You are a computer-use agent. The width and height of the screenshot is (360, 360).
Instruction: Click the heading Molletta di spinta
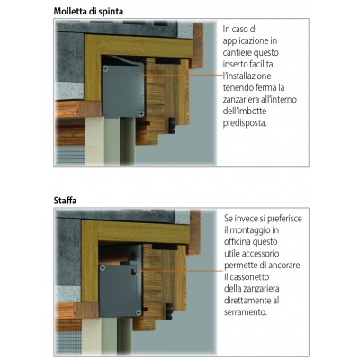[x=88, y=12]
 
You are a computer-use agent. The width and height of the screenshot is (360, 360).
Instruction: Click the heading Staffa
[x=65, y=200]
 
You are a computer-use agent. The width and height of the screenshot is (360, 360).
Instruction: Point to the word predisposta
[x=245, y=123]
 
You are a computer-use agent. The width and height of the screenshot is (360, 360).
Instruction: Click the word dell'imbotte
[x=245, y=111]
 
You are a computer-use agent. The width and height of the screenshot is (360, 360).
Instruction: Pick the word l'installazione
[x=247, y=76]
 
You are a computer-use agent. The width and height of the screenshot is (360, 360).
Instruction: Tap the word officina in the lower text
[x=238, y=241]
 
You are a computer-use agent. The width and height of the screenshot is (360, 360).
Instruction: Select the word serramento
[x=246, y=312]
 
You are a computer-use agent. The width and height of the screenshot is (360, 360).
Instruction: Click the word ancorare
[x=284, y=265]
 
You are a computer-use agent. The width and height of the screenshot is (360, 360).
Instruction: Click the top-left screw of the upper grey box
[x=105, y=69]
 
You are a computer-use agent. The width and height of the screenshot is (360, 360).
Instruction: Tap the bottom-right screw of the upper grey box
[x=141, y=113]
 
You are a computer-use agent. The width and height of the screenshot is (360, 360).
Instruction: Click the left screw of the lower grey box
[x=103, y=267]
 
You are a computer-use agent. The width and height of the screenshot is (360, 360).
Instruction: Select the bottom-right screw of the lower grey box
[x=139, y=312]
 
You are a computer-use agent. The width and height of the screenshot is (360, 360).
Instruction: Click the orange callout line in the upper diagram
[x=182, y=75]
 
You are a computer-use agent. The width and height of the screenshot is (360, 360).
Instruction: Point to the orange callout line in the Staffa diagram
[x=182, y=271]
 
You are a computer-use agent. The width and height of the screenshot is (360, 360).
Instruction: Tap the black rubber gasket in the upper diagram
[x=172, y=125]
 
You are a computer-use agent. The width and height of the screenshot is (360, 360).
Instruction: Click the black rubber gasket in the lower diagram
[x=169, y=311]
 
